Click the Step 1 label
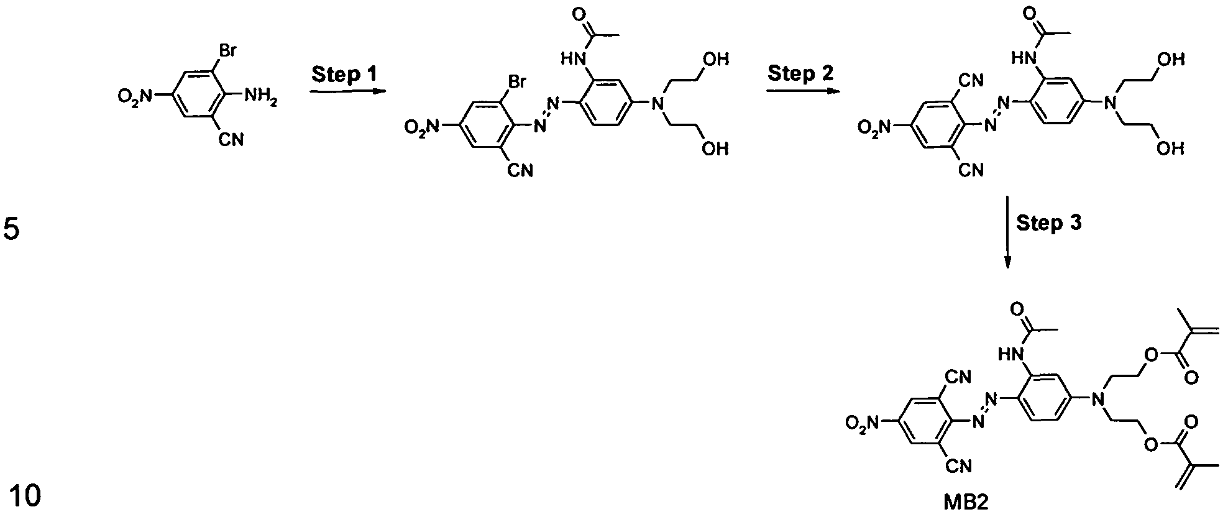pos(344,75)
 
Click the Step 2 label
pos(800,73)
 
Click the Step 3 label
pos(1049,223)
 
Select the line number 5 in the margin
pos(12,231)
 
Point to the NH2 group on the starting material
pos(259,96)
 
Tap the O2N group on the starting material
pos(135,96)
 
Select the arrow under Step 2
pos(803,91)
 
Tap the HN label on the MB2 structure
pos(1009,354)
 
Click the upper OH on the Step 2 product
pos(1171,59)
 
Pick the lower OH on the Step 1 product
pos(715,149)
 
